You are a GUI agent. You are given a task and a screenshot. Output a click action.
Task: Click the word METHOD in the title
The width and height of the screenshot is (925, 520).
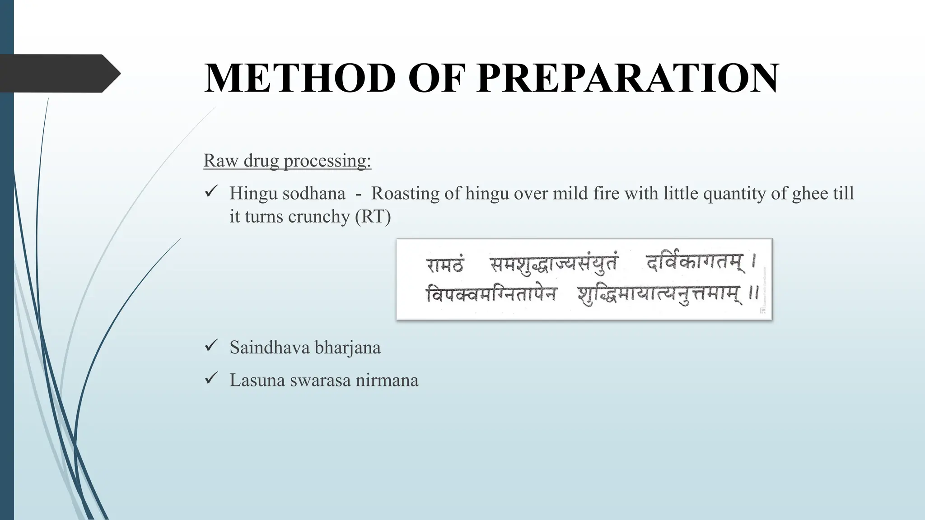[x=300, y=78]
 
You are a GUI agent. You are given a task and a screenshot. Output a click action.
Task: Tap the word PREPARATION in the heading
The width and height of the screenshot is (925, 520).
[x=628, y=78]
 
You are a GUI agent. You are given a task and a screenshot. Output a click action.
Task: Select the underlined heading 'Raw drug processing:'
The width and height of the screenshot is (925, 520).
[x=287, y=161]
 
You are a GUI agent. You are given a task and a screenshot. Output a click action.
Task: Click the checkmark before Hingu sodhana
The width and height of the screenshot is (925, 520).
[x=211, y=192]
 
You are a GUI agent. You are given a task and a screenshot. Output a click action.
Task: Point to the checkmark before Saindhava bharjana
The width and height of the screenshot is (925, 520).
[x=211, y=346]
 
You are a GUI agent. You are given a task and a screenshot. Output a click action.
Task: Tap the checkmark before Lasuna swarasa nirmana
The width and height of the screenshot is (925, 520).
[x=211, y=379]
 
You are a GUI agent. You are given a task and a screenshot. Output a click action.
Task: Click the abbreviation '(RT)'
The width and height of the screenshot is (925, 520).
[x=373, y=217]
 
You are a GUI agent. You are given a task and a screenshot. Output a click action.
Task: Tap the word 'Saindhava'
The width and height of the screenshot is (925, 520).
[x=269, y=348]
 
